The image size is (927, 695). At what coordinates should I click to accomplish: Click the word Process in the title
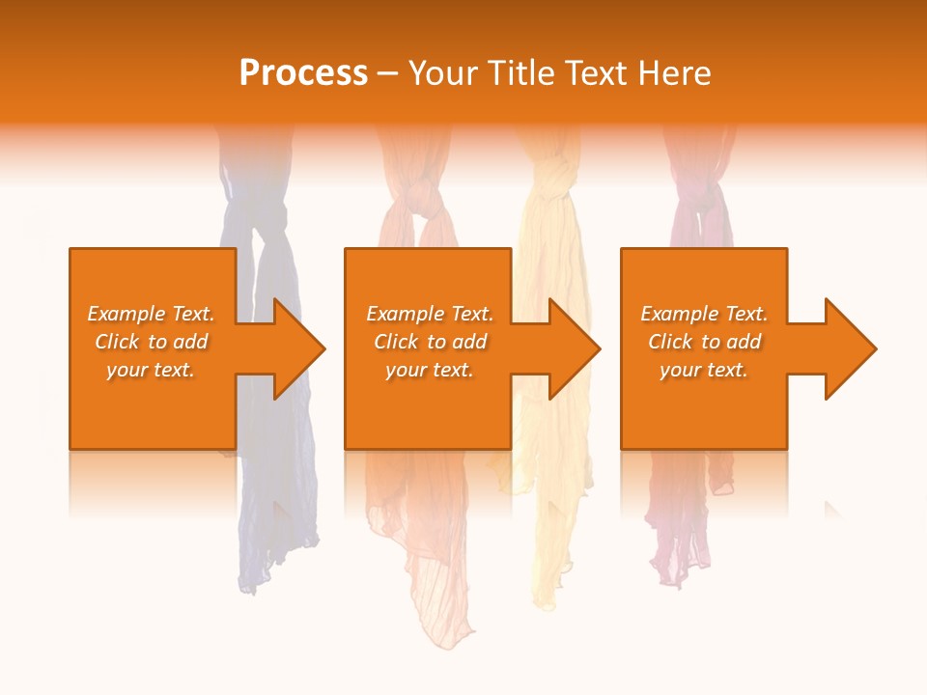pos(303,73)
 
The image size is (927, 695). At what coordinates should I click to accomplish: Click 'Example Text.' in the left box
pos(151,314)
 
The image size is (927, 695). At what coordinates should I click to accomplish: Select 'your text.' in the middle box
pos(429,370)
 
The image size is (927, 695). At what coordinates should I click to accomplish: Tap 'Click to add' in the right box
pos(704,342)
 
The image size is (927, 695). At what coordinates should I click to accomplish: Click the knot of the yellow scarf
pos(552,179)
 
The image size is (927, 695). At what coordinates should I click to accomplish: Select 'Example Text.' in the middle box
pos(429,314)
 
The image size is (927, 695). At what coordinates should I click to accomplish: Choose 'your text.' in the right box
pos(704,370)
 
